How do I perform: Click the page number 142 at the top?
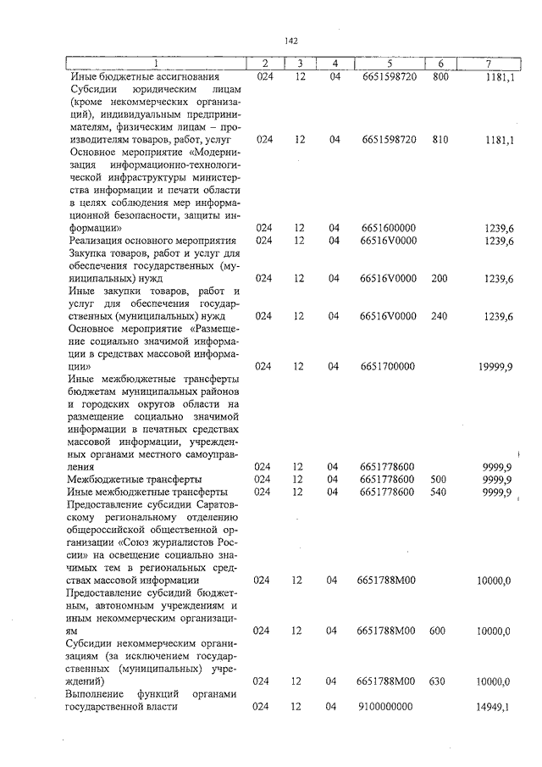coord(291,40)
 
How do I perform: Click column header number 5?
coord(388,64)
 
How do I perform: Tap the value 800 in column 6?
coord(439,76)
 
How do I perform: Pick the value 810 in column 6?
coord(439,138)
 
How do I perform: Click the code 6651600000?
coord(388,228)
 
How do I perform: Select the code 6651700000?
coord(388,366)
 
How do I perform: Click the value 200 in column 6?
coord(439,278)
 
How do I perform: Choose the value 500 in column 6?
coord(439,479)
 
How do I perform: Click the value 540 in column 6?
coord(439,492)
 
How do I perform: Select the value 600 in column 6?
coord(439,631)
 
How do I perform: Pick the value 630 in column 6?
coord(439,681)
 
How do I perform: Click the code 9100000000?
coord(388,707)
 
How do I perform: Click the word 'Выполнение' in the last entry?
coord(95,694)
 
